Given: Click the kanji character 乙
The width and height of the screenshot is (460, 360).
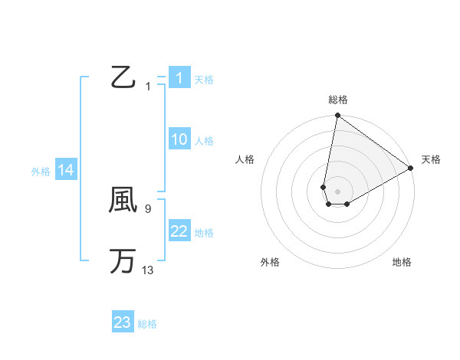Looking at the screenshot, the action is click(x=123, y=77).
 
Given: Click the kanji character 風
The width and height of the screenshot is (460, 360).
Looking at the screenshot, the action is click(x=123, y=201).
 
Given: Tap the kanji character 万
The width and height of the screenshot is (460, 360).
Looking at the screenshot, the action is click(x=123, y=261).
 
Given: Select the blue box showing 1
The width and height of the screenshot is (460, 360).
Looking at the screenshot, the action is click(x=179, y=78).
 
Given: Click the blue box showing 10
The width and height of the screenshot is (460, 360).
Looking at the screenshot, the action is click(x=179, y=139).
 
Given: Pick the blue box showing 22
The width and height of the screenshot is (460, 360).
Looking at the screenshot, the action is click(x=179, y=231).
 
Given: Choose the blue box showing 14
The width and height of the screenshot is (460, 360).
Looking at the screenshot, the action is click(x=66, y=171).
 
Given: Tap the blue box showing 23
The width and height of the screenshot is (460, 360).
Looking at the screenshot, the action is click(x=123, y=322).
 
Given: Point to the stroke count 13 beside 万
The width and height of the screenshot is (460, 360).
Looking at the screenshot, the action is click(x=148, y=270).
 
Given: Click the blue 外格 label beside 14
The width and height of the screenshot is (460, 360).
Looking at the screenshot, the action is click(x=41, y=172).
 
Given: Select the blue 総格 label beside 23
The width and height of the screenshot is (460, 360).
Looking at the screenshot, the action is click(x=148, y=324).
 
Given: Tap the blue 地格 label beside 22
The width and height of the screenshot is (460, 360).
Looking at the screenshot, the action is click(x=204, y=233).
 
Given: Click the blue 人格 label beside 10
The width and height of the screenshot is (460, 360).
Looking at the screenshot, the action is click(x=204, y=141).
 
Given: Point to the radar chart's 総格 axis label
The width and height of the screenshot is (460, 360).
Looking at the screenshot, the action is click(x=338, y=100).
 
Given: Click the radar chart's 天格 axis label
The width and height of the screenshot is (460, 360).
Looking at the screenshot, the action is click(x=431, y=159).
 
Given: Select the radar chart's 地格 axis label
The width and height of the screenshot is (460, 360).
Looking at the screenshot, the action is click(x=402, y=262).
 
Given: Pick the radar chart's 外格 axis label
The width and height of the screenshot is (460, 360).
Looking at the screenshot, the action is click(x=270, y=262).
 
